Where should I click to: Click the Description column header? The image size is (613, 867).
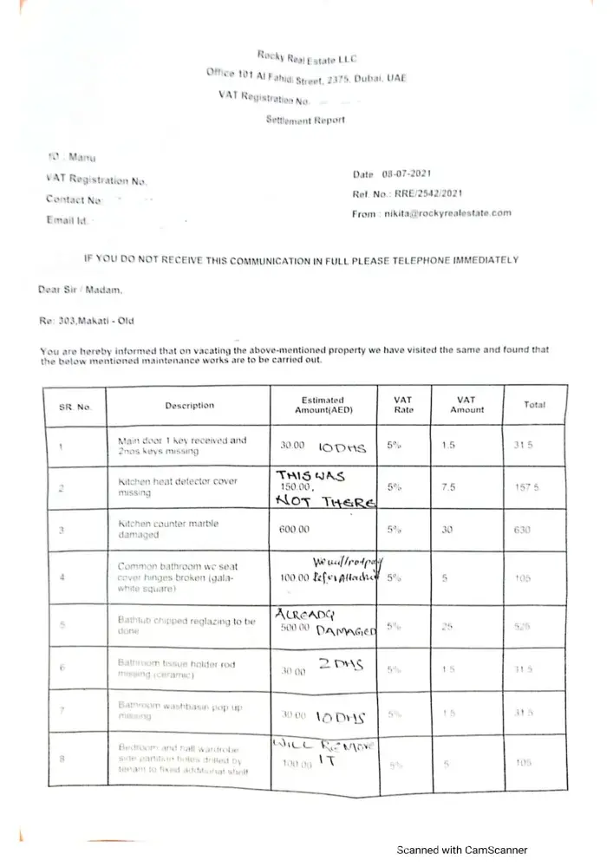tap(189, 405)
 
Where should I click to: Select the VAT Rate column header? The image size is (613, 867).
tap(403, 405)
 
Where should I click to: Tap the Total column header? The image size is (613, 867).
tap(534, 405)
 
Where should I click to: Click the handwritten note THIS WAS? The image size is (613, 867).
tap(311, 475)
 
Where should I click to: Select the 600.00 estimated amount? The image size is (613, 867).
tap(294, 529)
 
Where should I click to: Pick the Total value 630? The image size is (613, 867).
tap(521, 529)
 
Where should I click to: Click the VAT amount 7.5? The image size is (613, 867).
tap(448, 487)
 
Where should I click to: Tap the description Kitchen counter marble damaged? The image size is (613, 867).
tap(168, 529)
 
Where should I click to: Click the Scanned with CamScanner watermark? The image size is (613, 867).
tap(462, 850)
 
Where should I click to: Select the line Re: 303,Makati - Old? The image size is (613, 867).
tap(88, 321)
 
